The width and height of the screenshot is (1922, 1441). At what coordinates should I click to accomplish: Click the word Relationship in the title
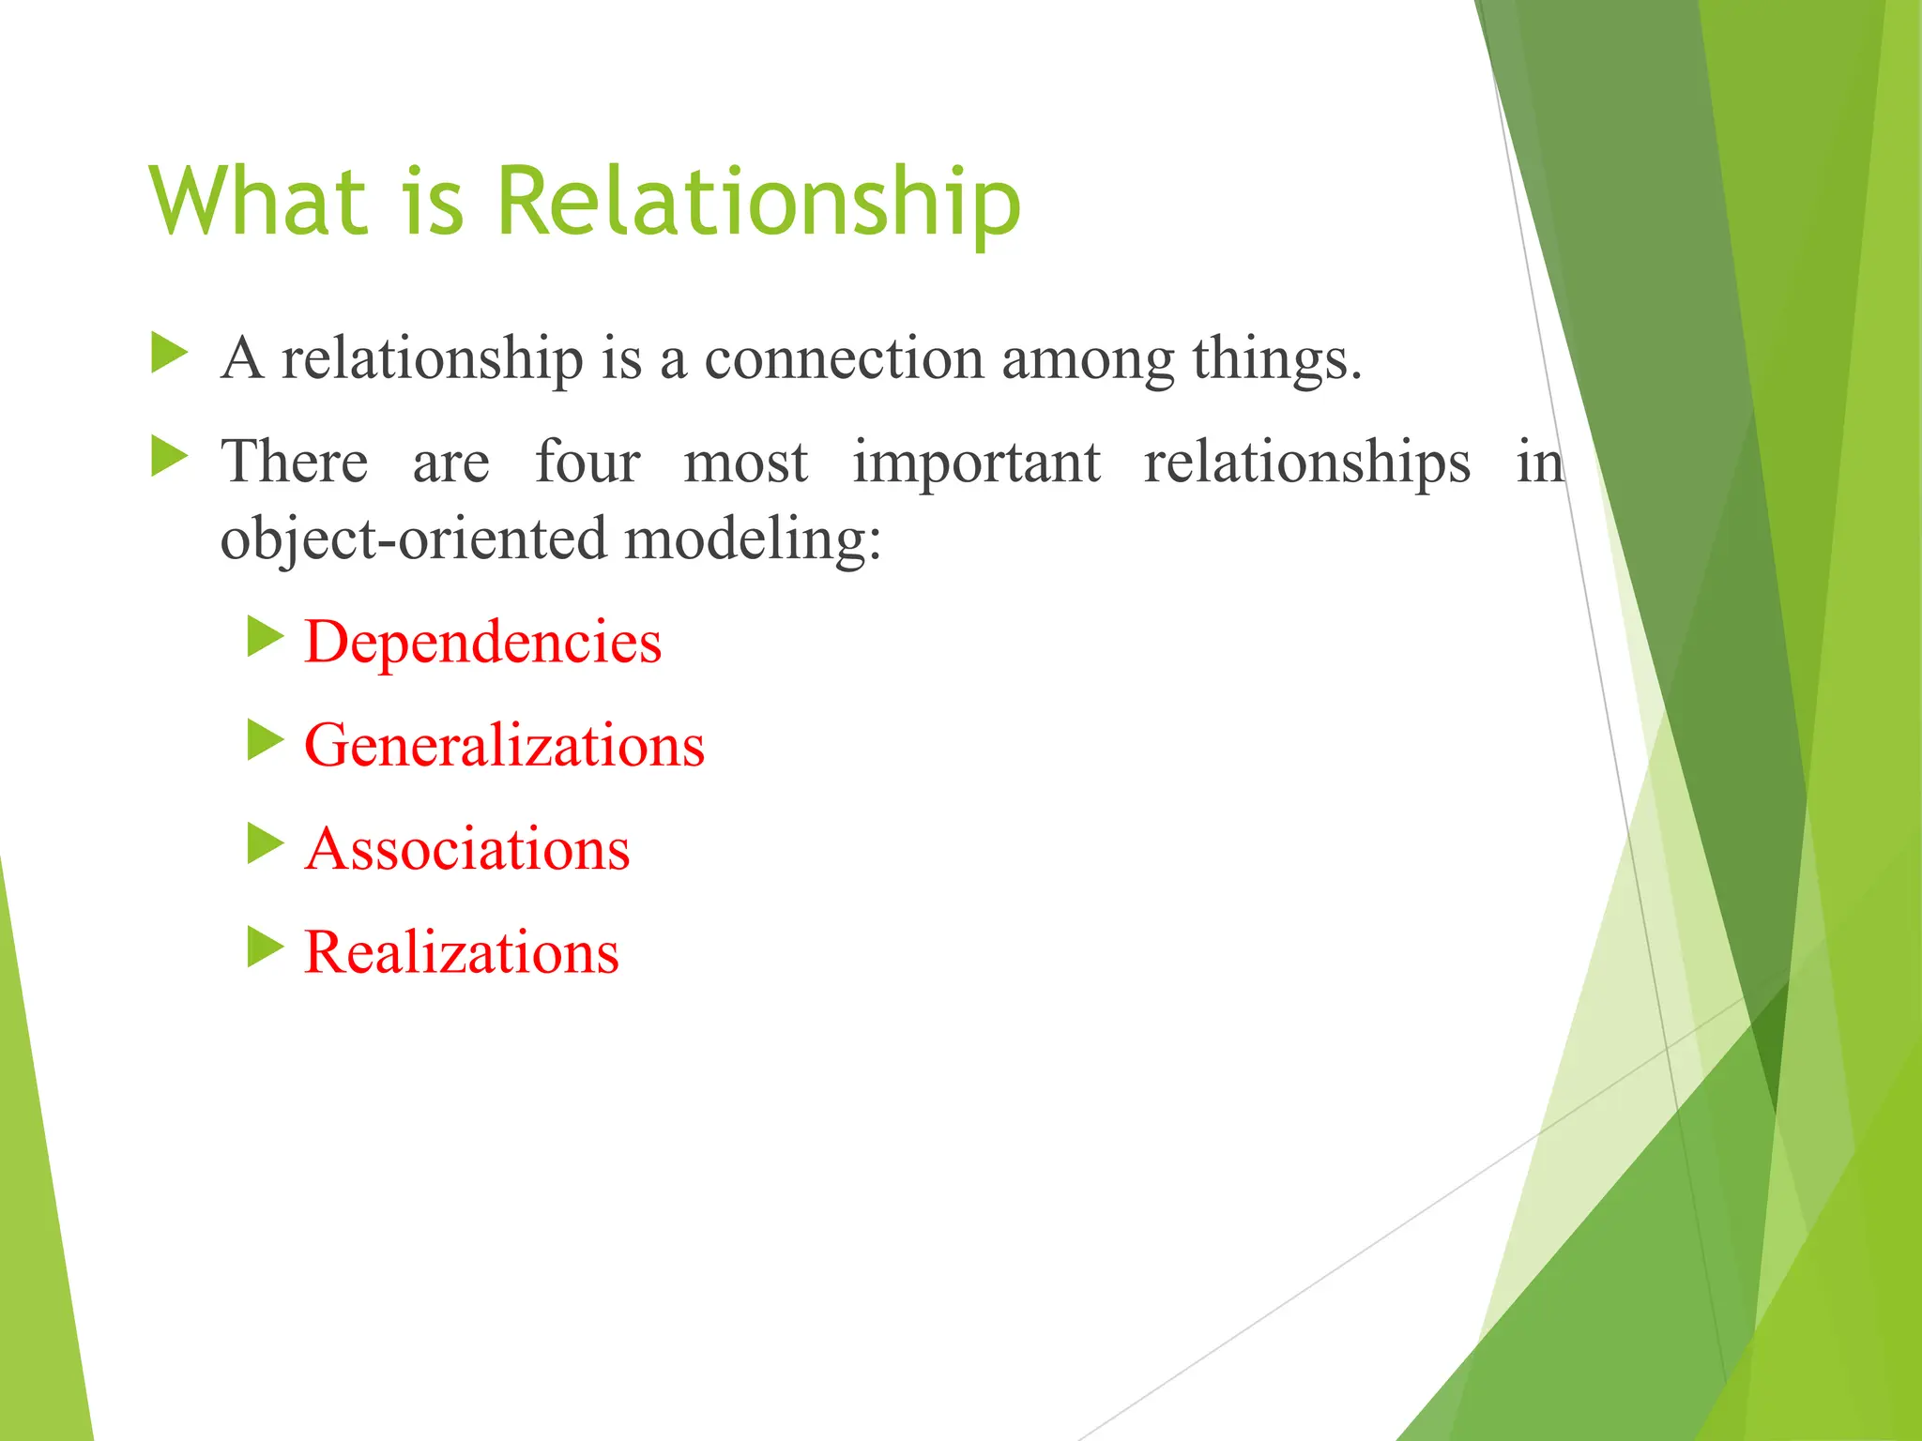tap(758, 202)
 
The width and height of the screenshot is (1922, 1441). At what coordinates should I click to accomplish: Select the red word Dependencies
tap(482, 643)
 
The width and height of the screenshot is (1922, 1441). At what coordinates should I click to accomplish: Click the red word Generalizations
tap(504, 746)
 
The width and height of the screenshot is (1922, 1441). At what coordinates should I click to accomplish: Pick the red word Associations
tap(466, 849)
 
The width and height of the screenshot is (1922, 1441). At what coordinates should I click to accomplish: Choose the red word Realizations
tap(461, 952)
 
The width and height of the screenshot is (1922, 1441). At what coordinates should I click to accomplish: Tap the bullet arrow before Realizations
tap(265, 947)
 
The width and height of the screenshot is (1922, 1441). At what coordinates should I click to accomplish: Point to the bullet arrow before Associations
tap(265, 843)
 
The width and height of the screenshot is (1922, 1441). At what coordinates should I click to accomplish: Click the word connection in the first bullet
tap(843, 359)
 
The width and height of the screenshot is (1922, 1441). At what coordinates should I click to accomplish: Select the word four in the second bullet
tap(587, 463)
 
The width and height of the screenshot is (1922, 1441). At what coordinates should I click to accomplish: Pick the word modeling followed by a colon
tap(752, 541)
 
